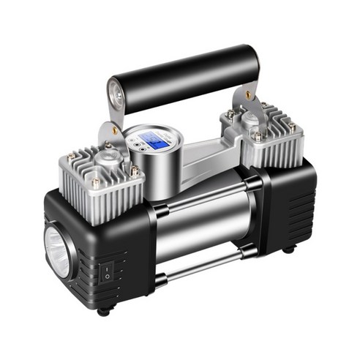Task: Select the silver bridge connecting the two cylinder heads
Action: coord(198,157)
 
